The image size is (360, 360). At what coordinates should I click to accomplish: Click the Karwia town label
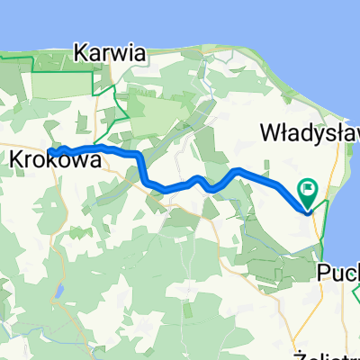112,52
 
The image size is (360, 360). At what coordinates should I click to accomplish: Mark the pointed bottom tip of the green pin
308,211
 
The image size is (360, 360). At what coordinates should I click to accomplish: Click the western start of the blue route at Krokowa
49,151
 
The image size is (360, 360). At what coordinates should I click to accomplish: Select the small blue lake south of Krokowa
58,292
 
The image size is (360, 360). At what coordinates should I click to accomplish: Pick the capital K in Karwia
85,52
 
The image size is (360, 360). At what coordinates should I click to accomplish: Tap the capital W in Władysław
270,132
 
